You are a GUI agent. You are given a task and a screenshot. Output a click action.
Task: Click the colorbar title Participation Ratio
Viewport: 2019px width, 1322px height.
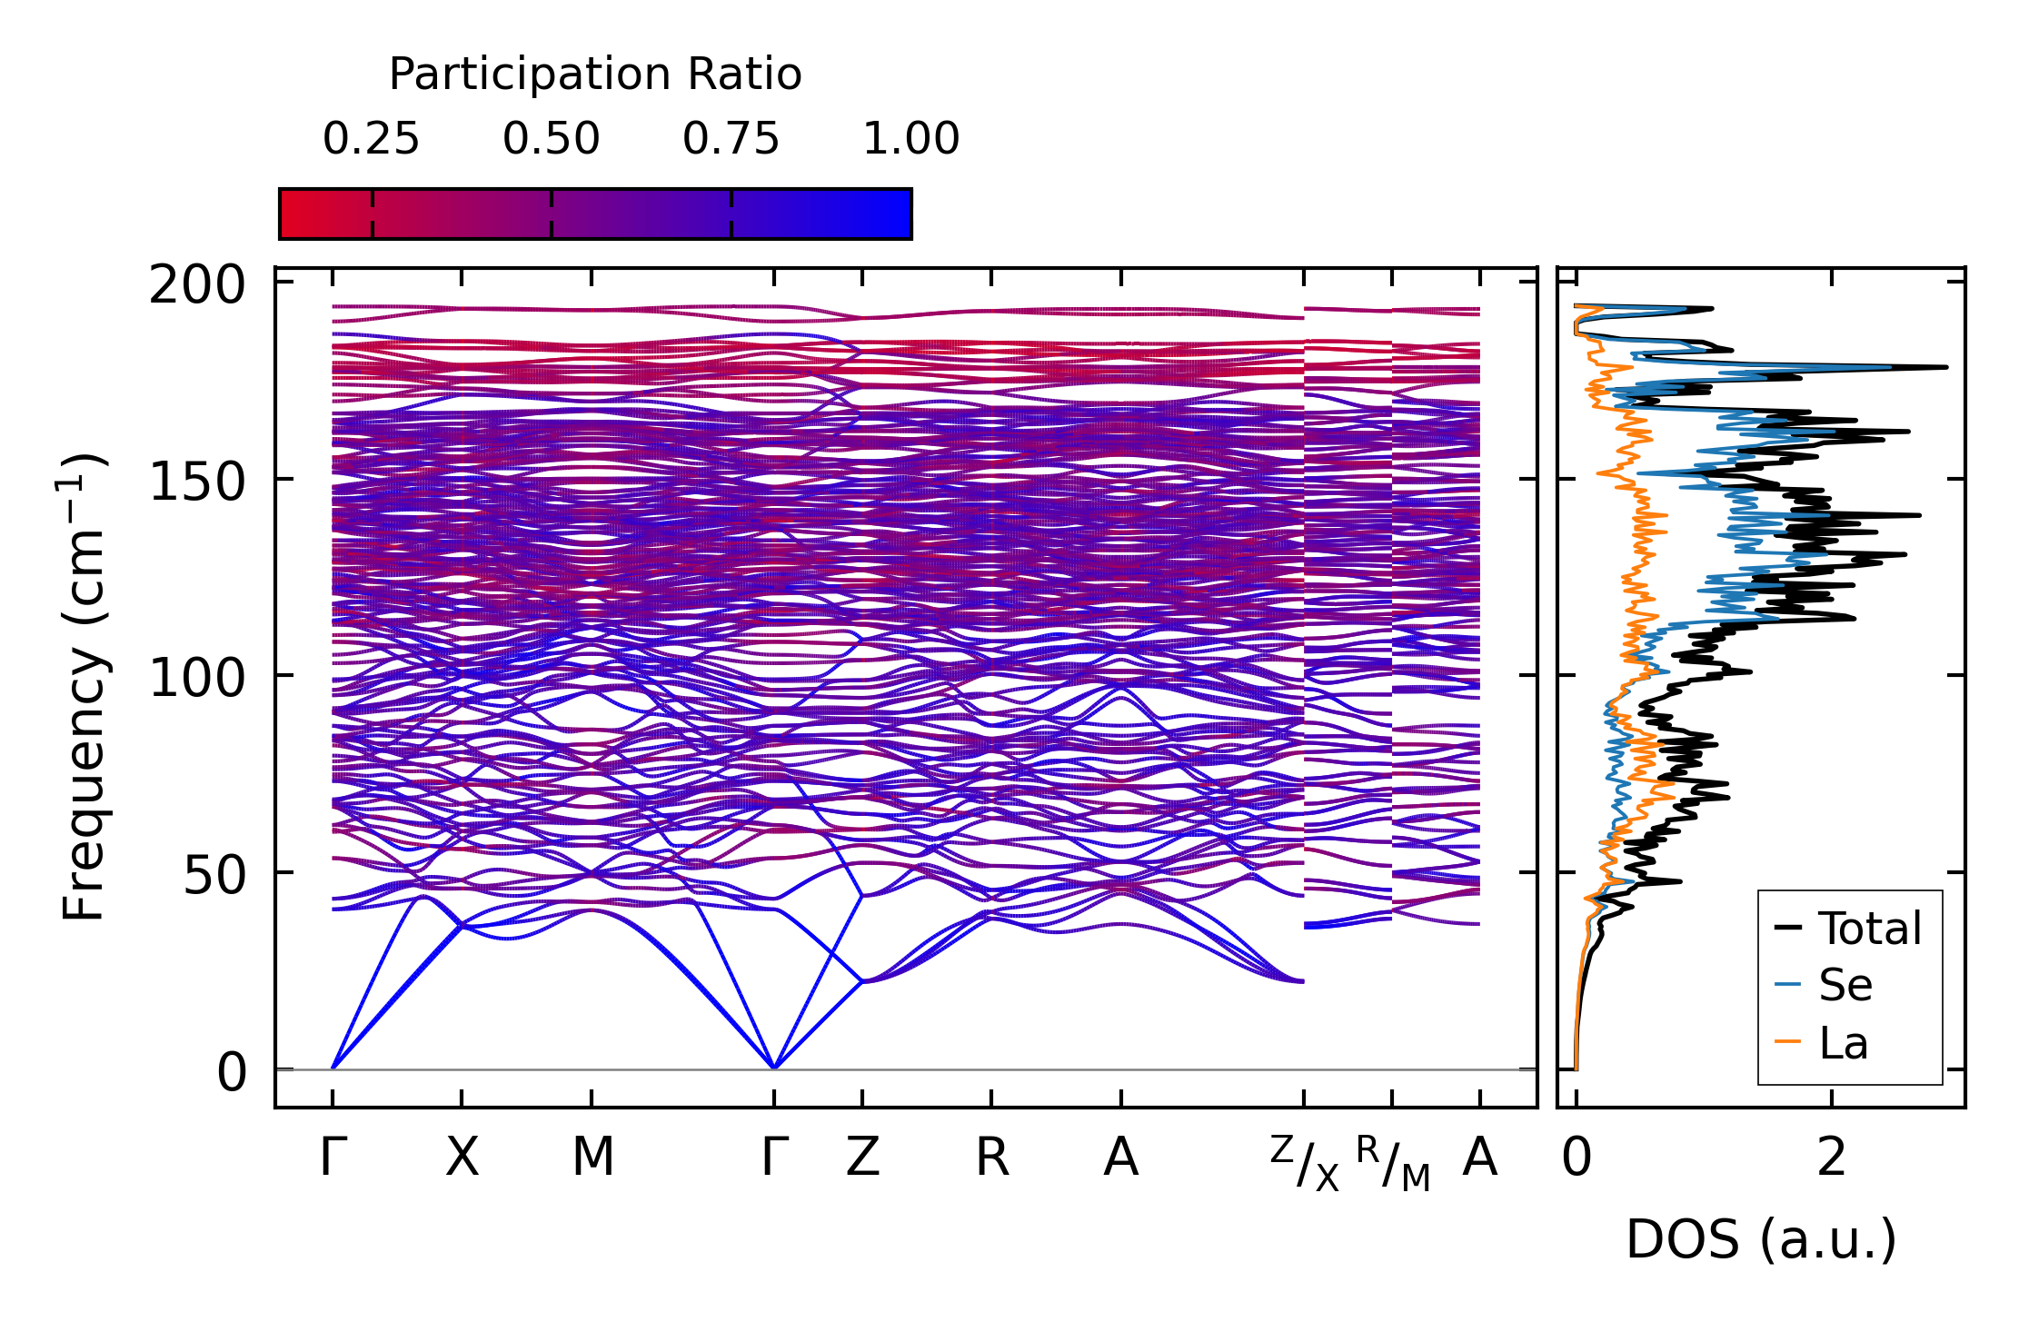[x=595, y=75]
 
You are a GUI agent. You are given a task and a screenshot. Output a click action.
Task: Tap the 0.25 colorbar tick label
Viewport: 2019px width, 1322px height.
[x=371, y=139]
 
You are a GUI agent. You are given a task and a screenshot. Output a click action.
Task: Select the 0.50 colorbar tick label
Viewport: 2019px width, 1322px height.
[x=551, y=139]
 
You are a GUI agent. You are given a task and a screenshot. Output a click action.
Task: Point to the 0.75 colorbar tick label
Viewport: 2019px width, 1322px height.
[x=731, y=139]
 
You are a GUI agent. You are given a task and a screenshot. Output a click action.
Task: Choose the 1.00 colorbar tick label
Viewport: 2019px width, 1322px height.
[x=910, y=139]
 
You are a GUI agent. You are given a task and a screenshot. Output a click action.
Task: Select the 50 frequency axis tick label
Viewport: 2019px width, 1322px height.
[x=214, y=874]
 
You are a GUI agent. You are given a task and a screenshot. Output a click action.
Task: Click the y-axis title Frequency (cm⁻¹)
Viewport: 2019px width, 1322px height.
[x=84, y=687]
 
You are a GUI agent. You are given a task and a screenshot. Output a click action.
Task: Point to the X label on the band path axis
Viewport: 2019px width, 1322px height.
[x=462, y=1158]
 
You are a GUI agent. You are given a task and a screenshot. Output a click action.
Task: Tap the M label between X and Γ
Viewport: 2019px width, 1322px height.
[x=592, y=1158]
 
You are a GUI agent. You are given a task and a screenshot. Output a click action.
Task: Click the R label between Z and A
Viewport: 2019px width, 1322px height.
[x=991, y=1158]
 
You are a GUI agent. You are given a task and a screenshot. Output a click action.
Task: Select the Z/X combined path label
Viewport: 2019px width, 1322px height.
[x=1305, y=1164]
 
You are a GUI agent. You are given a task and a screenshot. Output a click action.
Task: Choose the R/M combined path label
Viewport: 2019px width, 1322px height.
[x=1393, y=1164]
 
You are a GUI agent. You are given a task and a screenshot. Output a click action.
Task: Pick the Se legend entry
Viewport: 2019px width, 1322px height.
[x=1845, y=985]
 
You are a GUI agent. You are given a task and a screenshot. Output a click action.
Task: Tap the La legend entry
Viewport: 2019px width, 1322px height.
[x=1843, y=1043]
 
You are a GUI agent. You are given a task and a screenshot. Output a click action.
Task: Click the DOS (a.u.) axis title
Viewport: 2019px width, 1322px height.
[x=1761, y=1239]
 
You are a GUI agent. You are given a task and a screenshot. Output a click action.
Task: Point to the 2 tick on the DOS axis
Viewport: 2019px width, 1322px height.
[x=1831, y=1158]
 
